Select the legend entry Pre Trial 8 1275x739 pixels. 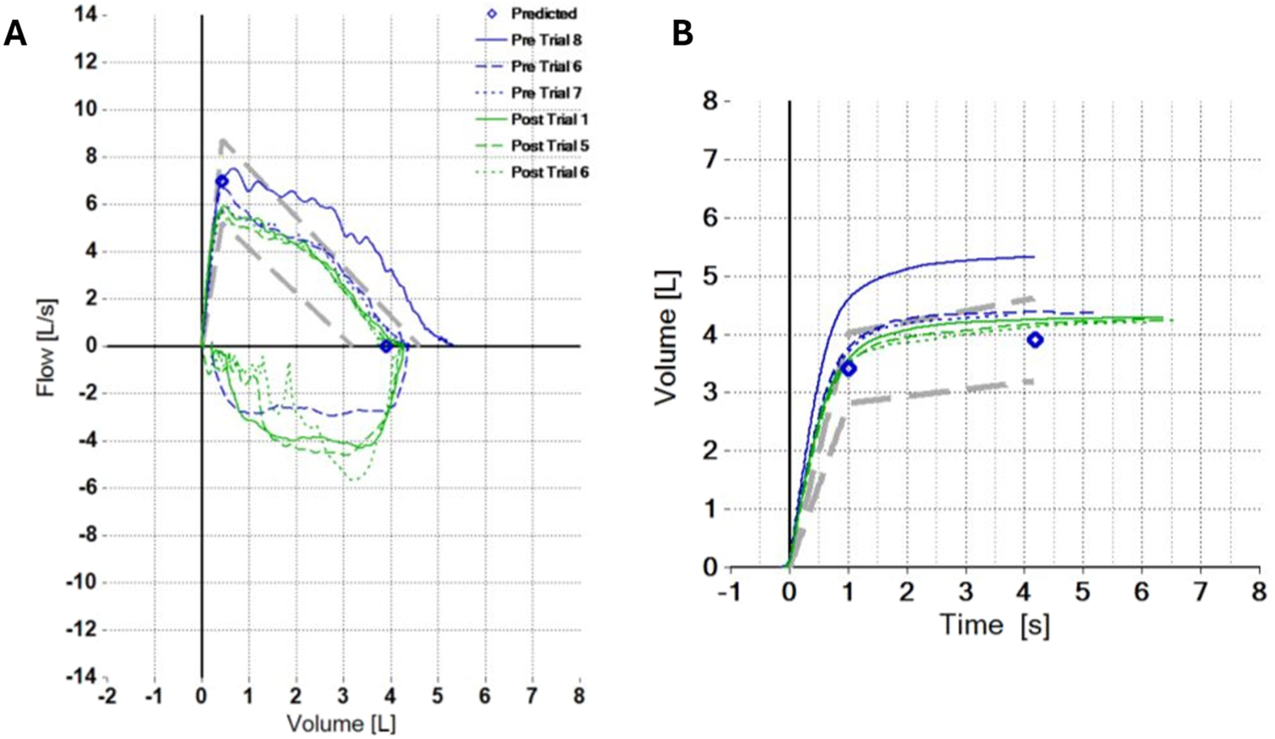click(546, 40)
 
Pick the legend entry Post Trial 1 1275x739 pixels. click(550, 120)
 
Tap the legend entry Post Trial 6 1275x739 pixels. click(550, 172)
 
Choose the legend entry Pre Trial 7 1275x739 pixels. click(546, 93)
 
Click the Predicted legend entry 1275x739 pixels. click(543, 14)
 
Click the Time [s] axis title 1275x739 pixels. click(994, 625)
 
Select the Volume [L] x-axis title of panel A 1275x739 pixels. click(341, 724)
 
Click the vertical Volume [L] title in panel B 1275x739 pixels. click(666, 336)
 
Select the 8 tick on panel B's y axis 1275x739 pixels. click(710, 102)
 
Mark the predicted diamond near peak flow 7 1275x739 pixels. click(221, 181)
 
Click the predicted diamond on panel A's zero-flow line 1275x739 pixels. click(387, 347)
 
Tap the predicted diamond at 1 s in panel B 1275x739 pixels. click(848, 369)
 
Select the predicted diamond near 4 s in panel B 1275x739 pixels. click(1035, 340)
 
